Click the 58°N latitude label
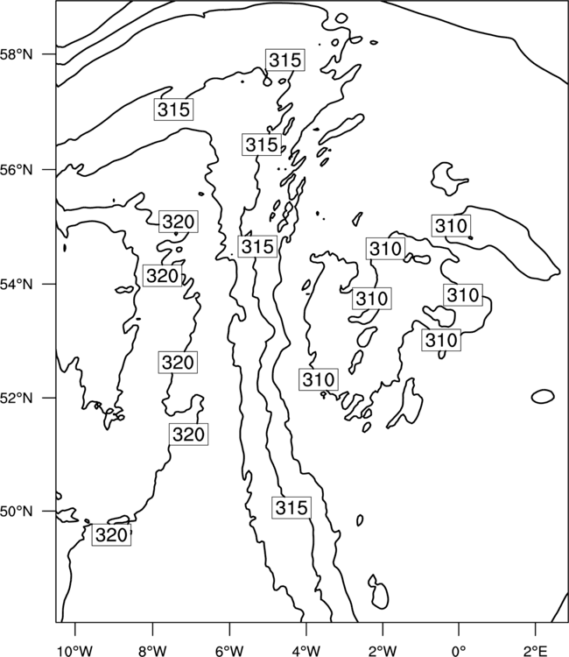click(x=16, y=54)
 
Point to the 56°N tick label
click(x=16, y=170)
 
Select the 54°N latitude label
click(x=16, y=285)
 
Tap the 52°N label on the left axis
click(x=16, y=398)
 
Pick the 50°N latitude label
click(x=16, y=512)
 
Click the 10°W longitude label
click(x=75, y=651)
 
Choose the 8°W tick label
click(x=152, y=651)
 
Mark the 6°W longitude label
click(x=229, y=651)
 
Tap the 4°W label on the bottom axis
click(x=306, y=651)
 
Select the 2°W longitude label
click(x=383, y=651)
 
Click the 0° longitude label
click(x=459, y=651)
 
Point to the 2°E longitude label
click(x=535, y=651)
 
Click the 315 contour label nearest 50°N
click(x=292, y=508)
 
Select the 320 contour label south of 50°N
click(x=111, y=535)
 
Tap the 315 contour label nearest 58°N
click(x=284, y=60)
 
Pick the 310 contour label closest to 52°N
click(x=319, y=379)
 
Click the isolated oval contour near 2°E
click(x=543, y=396)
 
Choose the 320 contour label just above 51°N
click(x=189, y=434)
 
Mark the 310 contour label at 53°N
click(x=441, y=340)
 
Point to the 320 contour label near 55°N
click(x=179, y=222)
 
